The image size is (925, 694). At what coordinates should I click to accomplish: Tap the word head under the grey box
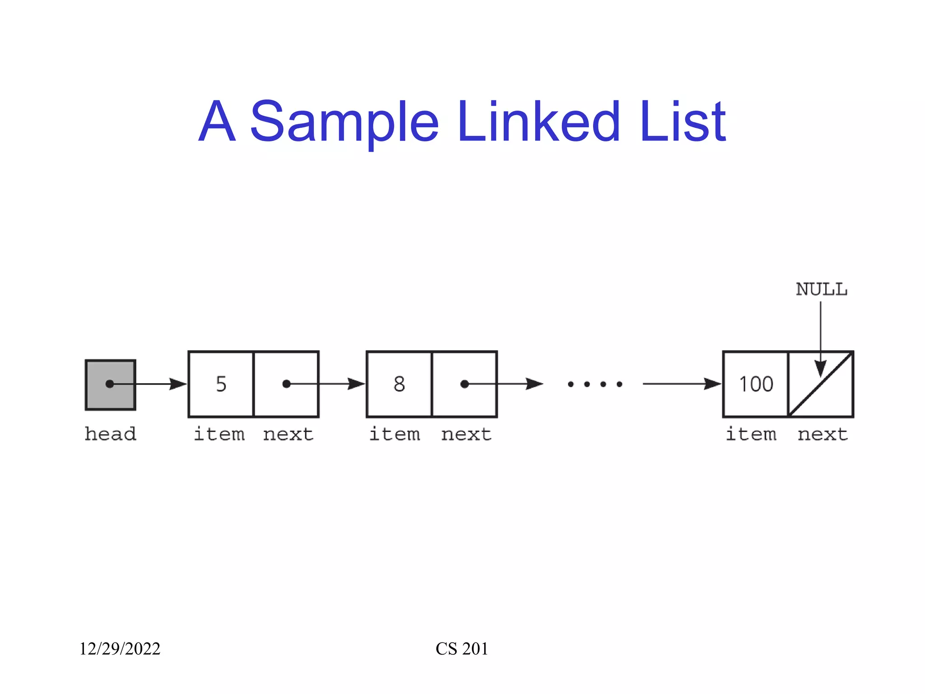pyautogui.click(x=110, y=434)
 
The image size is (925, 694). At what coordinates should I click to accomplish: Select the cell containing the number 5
pyautogui.click(x=221, y=384)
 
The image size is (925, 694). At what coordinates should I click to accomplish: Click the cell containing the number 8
pyautogui.click(x=399, y=384)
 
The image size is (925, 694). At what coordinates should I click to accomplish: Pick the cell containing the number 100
pyautogui.click(x=756, y=384)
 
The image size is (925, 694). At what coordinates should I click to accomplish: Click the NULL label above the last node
pyautogui.click(x=821, y=289)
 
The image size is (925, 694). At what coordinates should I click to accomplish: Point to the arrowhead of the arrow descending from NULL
pyautogui.click(x=821, y=368)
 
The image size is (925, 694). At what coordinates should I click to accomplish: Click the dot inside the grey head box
pyautogui.click(x=109, y=384)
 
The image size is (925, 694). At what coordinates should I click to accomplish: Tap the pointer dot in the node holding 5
pyautogui.click(x=286, y=384)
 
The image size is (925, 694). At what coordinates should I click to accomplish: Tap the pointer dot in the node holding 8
pyautogui.click(x=464, y=384)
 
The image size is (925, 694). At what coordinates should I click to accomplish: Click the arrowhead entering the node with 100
pyautogui.click(x=713, y=384)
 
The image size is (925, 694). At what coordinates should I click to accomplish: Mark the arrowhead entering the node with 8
pyautogui.click(x=356, y=384)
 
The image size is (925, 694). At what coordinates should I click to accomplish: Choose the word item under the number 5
pyautogui.click(x=219, y=434)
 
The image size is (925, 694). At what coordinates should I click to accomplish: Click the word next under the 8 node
pyautogui.click(x=466, y=434)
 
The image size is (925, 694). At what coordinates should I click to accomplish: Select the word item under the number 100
pyautogui.click(x=751, y=434)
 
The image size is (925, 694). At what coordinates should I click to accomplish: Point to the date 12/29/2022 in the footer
pyautogui.click(x=120, y=649)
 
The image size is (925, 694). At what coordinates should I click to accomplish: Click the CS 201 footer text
pyautogui.click(x=462, y=649)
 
